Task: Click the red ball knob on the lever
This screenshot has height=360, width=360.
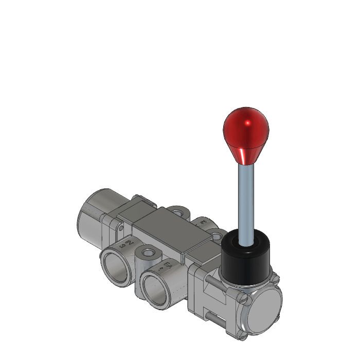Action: tap(246, 131)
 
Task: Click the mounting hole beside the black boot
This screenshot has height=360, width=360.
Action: tap(217, 237)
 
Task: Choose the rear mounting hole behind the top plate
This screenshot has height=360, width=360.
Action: tap(177, 210)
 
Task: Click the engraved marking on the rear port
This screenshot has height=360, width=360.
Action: tap(203, 223)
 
